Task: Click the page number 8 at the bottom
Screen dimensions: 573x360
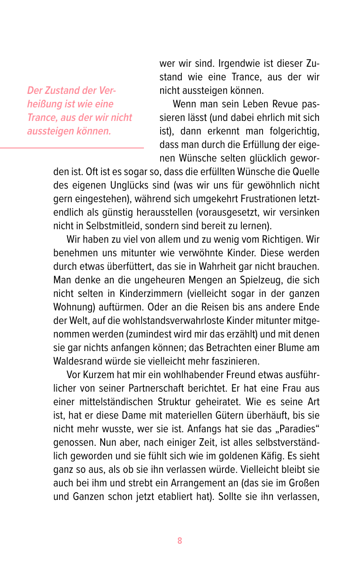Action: [180, 541]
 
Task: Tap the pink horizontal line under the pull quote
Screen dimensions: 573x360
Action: [72, 148]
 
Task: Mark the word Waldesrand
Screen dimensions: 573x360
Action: [76, 361]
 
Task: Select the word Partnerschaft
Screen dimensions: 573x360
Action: [155, 388]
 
